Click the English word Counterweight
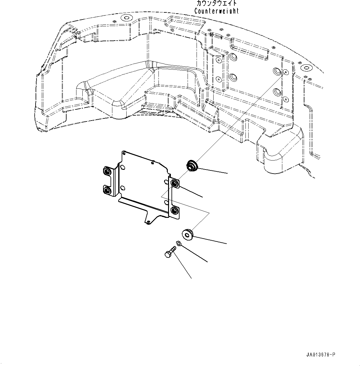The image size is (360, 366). (216, 11)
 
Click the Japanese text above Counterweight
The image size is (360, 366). (216, 3)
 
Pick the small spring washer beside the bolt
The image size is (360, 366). (178, 243)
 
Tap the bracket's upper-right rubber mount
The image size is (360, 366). (175, 183)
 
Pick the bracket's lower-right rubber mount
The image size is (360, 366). (175, 211)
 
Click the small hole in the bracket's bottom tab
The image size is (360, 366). (149, 221)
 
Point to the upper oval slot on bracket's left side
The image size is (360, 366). (123, 168)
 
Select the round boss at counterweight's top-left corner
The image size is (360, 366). (126, 18)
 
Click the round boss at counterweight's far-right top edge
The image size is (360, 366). (306, 67)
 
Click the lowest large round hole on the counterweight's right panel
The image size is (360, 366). (277, 92)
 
